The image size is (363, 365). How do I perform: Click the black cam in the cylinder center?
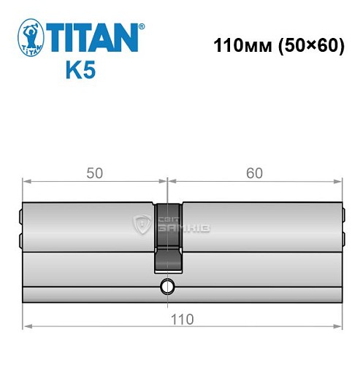(167, 237)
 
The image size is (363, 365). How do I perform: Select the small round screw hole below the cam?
(167, 286)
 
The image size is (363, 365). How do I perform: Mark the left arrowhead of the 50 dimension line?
(27, 180)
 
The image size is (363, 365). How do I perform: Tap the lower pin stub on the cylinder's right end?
(342, 238)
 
